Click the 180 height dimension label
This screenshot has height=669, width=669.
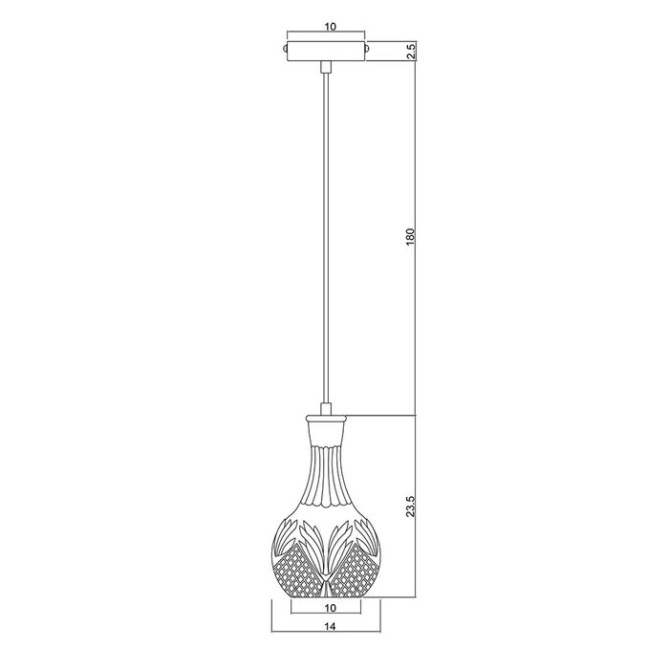410,237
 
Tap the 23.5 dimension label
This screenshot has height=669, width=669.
410,506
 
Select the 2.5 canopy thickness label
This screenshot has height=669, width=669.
411,52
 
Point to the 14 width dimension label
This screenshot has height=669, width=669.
331,626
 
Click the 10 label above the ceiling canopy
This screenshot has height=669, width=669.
331,27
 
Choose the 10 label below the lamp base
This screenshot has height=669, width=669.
331,608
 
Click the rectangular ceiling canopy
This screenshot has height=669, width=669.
326,52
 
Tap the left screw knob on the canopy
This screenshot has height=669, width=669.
285,48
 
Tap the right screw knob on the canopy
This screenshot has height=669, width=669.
367,48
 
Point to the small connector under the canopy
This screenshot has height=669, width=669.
326,67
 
